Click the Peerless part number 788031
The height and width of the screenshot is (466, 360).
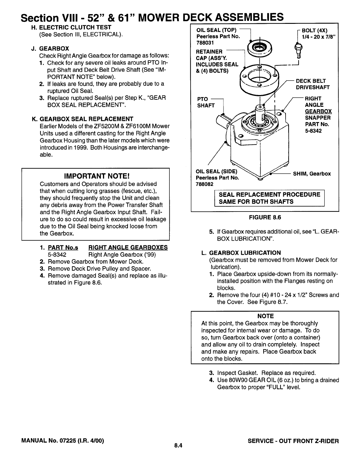(203, 43)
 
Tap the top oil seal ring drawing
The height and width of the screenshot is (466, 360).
(260, 48)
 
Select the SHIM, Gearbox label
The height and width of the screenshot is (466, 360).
(312, 174)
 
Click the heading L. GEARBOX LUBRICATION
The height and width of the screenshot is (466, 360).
(241, 253)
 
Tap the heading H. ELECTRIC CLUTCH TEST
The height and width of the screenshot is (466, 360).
(71, 27)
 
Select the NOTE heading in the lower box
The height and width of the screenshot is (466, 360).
(265, 316)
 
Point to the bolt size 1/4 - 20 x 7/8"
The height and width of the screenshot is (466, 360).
(319, 36)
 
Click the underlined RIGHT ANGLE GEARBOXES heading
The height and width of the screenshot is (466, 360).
(128, 247)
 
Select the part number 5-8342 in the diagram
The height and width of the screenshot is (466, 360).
(313, 131)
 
